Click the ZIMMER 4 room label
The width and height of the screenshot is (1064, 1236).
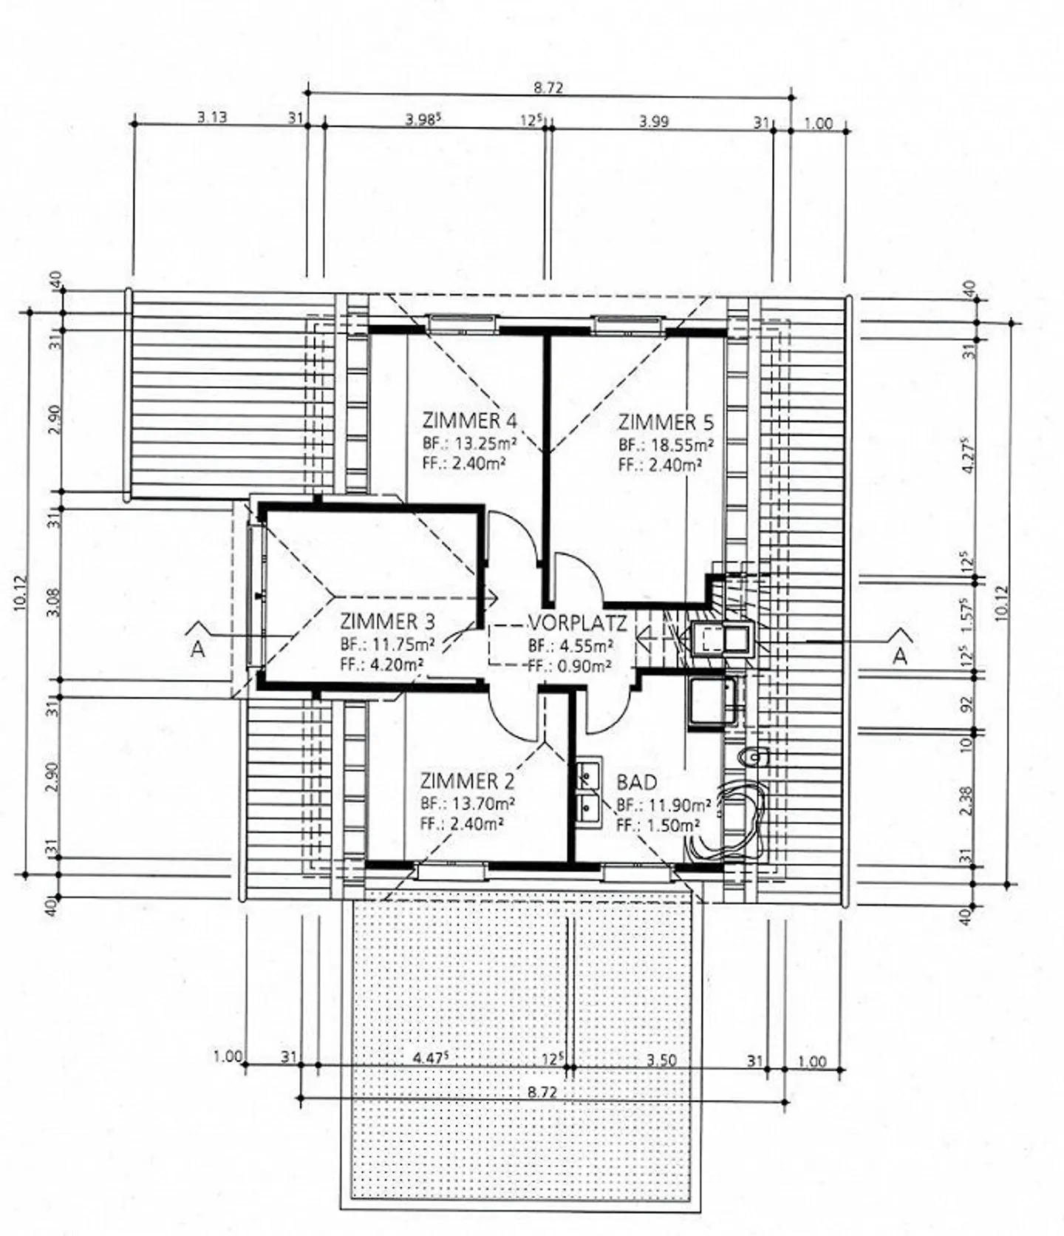[x=469, y=421]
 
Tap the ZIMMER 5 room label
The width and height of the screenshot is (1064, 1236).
[x=666, y=423]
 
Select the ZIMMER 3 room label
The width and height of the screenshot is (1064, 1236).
[x=387, y=621]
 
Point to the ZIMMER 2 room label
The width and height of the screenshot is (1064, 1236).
[x=467, y=781]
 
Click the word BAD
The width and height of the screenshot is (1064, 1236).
[x=636, y=782]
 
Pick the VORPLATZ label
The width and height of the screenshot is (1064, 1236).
[x=577, y=623]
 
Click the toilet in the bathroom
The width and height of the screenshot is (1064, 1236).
[x=754, y=756]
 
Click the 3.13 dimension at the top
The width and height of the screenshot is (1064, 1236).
[x=212, y=117]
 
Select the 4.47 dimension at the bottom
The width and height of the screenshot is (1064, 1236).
[x=431, y=1057]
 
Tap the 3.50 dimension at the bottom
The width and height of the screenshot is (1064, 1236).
[x=661, y=1059]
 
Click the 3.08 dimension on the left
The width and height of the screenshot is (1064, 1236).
[x=51, y=602]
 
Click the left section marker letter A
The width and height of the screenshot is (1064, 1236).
[x=197, y=650]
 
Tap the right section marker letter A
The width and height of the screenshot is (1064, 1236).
[x=899, y=656]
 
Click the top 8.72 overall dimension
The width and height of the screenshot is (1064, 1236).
[x=548, y=87]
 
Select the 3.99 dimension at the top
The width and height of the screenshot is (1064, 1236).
[x=654, y=120]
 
